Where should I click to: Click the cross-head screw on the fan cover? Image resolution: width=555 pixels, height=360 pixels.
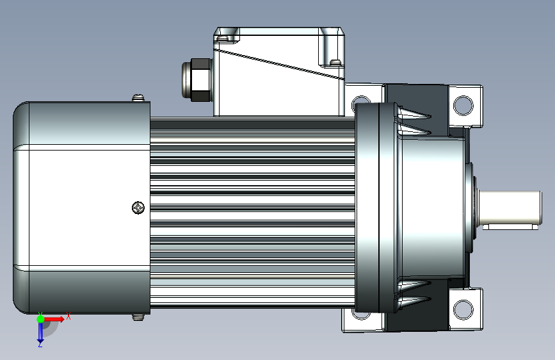[138, 208]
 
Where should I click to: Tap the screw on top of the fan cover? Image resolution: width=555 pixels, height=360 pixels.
[138, 97]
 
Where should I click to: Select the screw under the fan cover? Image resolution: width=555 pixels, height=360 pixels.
[138, 317]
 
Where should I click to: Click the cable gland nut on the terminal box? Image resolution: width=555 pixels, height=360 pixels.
[201, 80]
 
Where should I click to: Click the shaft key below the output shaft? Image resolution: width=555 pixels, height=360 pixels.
[510, 226]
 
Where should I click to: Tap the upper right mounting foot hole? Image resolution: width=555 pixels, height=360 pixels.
[463, 105]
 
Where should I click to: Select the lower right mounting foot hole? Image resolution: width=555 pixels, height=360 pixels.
[463, 309]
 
